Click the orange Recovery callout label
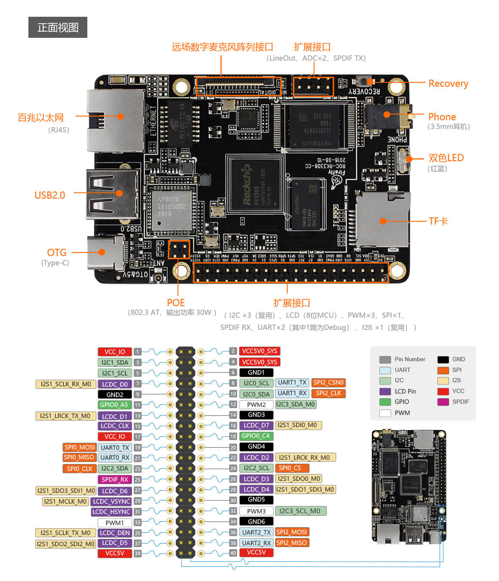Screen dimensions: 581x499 [x=448, y=83]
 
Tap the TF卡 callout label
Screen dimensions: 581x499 [x=438, y=221]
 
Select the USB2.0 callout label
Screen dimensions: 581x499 [x=49, y=195]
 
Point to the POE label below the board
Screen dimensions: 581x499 [x=176, y=303]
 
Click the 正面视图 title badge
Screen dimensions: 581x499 [x=58, y=28]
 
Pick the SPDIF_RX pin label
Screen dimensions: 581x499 [x=114, y=480]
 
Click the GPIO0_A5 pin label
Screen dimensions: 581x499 [x=114, y=405]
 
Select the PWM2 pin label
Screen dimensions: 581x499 [x=256, y=405]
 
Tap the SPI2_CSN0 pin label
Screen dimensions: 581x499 [x=328, y=382]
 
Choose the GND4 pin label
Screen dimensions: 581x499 [x=256, y=446]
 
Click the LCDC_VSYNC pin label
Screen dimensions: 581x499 [x=111, y=501]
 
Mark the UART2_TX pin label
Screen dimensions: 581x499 [x=256, y=532]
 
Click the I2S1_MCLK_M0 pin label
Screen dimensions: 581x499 [x=65, y=501]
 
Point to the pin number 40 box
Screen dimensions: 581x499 [x=233, y=553]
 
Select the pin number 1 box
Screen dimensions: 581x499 [x=138, y=352]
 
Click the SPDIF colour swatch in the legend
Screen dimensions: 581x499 [x=443, y=402]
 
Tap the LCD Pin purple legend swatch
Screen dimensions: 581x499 [x=385, y=391]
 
